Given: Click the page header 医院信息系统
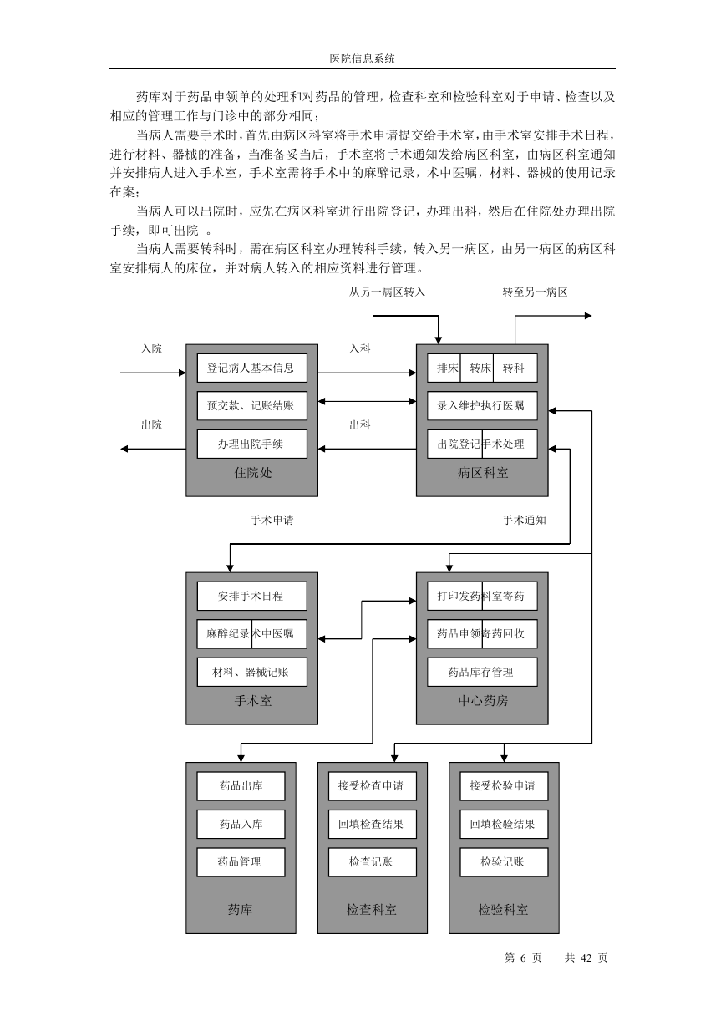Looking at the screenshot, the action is [363, 59].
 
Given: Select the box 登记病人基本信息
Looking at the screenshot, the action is [252, 368].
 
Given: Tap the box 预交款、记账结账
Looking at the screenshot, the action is [252, 406].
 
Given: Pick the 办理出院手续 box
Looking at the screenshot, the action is [252, 444].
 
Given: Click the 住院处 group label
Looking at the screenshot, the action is [253, 473].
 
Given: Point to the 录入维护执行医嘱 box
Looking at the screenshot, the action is [482, 406].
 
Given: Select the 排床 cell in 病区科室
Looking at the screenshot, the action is [444, 368].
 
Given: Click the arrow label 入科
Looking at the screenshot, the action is [359, 349].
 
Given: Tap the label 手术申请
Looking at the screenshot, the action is [272, 521].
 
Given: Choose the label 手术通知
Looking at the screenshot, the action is [525, 521].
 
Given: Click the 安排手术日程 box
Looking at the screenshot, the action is [252, 596].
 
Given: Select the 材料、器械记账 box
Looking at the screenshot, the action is [252, 672].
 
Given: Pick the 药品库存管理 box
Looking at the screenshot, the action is [482, 672].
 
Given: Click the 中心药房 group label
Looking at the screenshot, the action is [483, 701].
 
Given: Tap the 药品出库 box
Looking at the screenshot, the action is [241, 786].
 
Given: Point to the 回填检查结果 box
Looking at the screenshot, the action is [373, 824].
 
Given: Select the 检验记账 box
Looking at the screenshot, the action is [504, 862].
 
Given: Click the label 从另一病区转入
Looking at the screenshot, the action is [387, 292].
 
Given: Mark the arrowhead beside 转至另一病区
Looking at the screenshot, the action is [588, 316].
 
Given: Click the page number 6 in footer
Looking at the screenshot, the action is [523, 957].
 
